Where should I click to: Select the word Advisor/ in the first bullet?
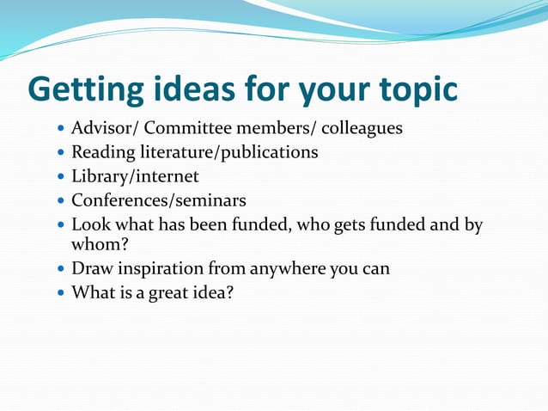click(104, 129)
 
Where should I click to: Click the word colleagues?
click(362, 129)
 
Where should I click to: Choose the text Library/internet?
click(135, 177)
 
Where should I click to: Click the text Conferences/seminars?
click(159, 201)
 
